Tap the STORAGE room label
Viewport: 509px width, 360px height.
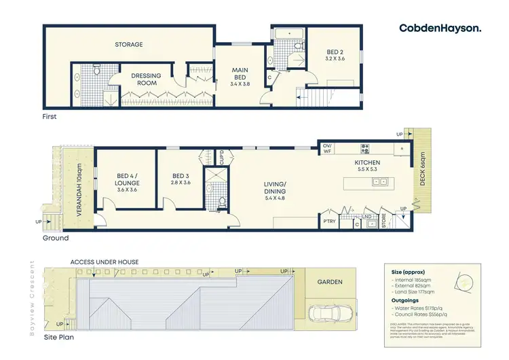(128, 45)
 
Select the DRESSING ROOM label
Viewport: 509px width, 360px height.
(144, 79)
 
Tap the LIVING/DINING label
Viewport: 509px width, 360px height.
(276, 189)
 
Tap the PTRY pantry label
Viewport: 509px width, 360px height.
(329, 221)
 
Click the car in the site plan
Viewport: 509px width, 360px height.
(329, 314)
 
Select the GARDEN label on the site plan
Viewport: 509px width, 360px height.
(329, 282)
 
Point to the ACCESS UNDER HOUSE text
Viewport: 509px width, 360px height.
(105, 262)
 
